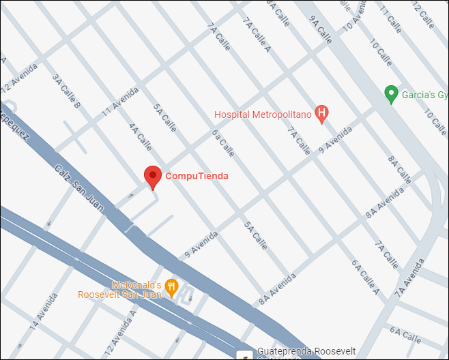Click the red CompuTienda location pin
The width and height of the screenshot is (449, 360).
coord(153,176)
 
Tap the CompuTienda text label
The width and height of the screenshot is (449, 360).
coord(197,176)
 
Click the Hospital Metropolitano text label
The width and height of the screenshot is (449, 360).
coord(263,115)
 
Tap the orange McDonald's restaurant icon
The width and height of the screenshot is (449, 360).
coord(171,288)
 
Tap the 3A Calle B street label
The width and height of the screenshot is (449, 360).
coord(68,90)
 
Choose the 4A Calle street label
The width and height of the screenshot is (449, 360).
coord(140,136)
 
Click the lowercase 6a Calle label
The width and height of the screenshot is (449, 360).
coord(222,143)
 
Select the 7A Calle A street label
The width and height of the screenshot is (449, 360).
coord(257,34)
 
